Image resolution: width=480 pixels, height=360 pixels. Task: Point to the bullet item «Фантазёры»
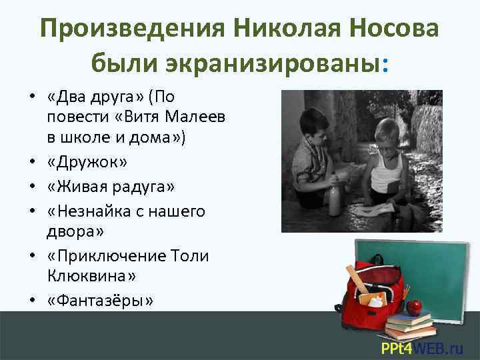(x=101, y=301)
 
